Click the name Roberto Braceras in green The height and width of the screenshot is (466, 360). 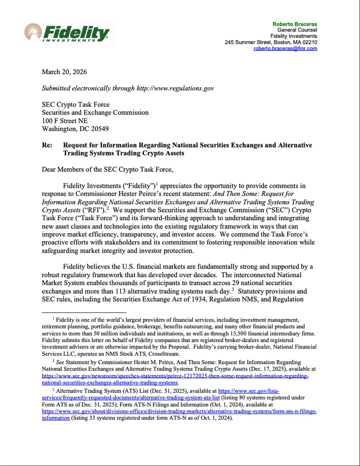tap(295, 23)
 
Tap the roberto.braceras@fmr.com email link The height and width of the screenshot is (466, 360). tap(285, 48)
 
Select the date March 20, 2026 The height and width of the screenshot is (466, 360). tap(64, 72)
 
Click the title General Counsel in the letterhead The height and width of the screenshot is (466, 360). tap(297, 30)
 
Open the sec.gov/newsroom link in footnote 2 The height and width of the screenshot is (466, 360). tap(175, 376)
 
